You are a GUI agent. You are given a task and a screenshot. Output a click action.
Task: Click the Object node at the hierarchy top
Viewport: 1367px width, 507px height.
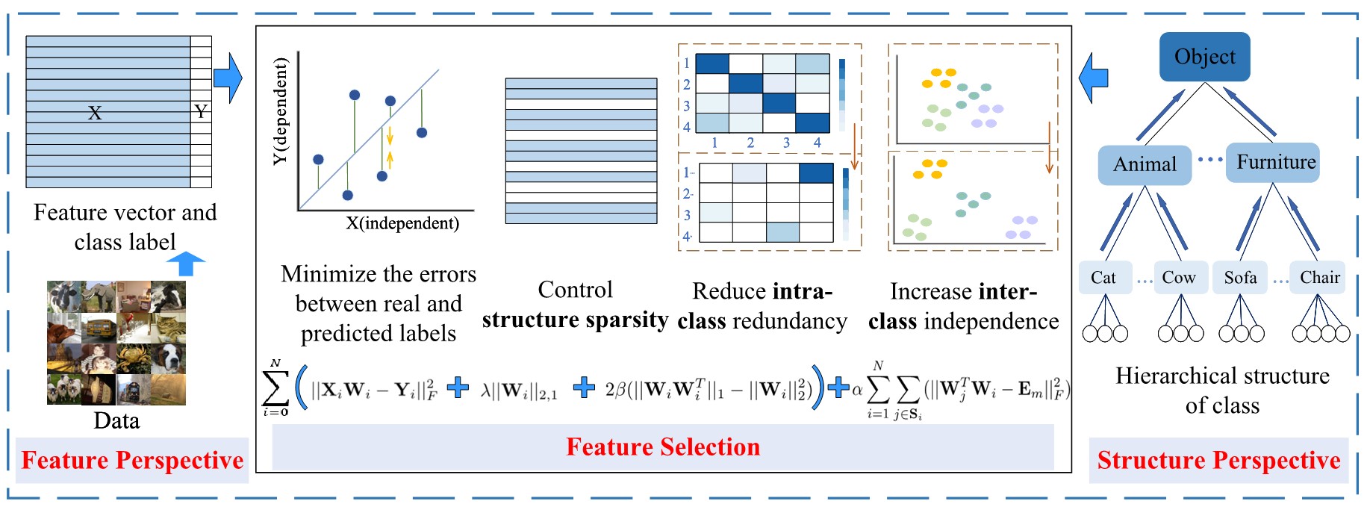[1204, 57]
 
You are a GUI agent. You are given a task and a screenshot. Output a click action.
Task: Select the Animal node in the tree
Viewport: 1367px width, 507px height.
[1145, 164]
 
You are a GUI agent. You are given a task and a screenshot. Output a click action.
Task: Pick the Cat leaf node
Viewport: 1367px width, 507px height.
[1103, 278]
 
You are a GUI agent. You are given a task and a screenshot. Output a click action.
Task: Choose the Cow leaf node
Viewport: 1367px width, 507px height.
[1179, 278]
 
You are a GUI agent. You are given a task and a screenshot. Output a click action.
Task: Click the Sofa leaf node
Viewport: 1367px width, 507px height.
[1240, 278]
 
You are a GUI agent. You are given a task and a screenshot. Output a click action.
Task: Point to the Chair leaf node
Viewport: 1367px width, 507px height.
[1319, 278]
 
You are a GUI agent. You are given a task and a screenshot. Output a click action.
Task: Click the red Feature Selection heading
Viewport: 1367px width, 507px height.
[663, 447]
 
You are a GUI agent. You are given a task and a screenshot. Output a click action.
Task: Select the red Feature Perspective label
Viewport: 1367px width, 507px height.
[132, 461]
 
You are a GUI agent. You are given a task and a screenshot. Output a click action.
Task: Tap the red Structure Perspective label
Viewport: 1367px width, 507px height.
[1218, 461]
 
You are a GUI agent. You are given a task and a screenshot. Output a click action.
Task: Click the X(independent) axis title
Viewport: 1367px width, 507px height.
[402, 223]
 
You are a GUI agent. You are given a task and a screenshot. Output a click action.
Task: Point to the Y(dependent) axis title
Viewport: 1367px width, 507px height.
[280, 111]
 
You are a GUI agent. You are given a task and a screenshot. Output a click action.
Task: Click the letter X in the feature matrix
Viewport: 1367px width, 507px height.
[95, 113]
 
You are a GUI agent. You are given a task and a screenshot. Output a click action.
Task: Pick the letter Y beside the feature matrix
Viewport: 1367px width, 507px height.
[200, 111]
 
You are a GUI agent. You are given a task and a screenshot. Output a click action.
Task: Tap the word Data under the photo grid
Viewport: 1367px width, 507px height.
[116, 420]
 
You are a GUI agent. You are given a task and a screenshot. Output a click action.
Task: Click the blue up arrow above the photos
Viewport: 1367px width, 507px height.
[185, 264]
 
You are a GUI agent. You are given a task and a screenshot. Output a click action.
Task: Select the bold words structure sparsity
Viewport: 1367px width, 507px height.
[575, 320]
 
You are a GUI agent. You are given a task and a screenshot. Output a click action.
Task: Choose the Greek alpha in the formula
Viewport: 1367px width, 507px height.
[857, 388]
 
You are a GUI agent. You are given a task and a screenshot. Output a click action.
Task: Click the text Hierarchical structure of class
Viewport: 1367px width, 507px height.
[1222, 390]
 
